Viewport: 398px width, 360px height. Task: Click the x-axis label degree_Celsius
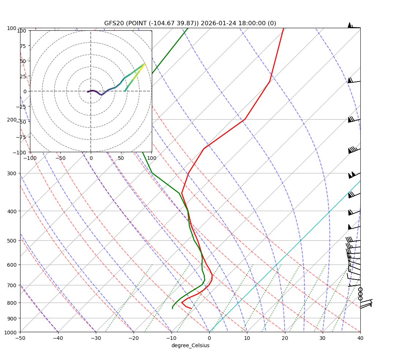point(190,346)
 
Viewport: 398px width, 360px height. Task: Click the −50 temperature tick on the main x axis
point(20,338)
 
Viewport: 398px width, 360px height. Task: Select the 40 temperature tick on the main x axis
point(360,338)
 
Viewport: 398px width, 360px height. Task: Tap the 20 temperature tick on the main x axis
point(285,338)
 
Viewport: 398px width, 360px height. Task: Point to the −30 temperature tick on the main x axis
point(96,338)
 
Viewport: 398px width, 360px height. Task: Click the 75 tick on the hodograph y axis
point(23,46)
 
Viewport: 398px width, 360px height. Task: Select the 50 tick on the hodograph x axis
point(121,158)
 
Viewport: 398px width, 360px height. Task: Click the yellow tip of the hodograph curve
point(145,63)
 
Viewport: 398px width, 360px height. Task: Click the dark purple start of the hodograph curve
point(87,92)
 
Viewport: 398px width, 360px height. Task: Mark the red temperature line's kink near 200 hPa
point(244,119)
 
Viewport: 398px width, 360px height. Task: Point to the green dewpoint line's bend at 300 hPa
point(152,173)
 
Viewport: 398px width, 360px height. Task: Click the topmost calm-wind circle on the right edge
point(360,289)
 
